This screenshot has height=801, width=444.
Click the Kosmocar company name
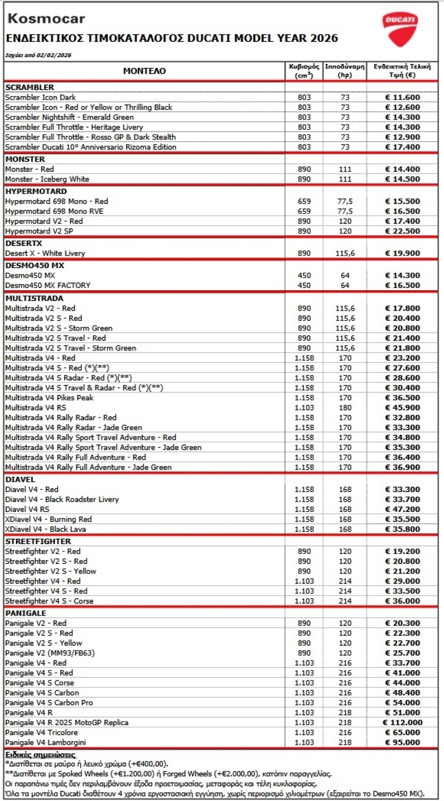point(45,19)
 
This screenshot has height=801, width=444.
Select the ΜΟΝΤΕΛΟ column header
point(145,71)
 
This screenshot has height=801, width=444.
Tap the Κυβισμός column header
point(304,70)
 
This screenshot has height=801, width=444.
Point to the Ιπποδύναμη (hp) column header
point(345,70)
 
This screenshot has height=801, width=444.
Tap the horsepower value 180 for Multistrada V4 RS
point(345,408)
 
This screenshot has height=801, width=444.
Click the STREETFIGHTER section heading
point(38,541)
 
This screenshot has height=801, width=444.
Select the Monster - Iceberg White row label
point(47,179)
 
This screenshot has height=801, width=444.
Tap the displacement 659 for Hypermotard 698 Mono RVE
point(304,211)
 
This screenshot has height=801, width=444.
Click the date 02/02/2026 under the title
point(56,56)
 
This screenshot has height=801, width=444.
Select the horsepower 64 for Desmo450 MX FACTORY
point(345,285)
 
